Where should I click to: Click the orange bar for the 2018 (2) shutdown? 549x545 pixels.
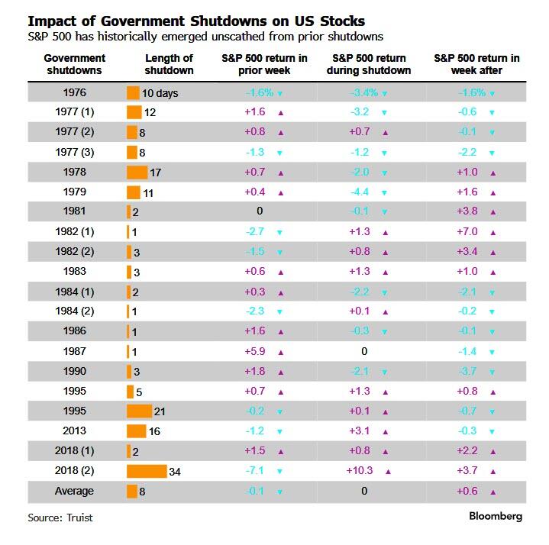coord(147,471)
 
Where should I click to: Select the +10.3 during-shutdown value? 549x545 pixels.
coord(358,471)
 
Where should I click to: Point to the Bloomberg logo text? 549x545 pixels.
coord(495,516)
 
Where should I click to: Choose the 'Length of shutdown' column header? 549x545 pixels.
coord(169,65)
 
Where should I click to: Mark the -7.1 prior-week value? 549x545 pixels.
coord(255,471)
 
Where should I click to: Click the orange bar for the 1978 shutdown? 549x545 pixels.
coord(137,173)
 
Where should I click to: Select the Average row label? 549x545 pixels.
coord(74,491)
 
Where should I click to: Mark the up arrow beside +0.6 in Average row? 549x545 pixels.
coord(492,492)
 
